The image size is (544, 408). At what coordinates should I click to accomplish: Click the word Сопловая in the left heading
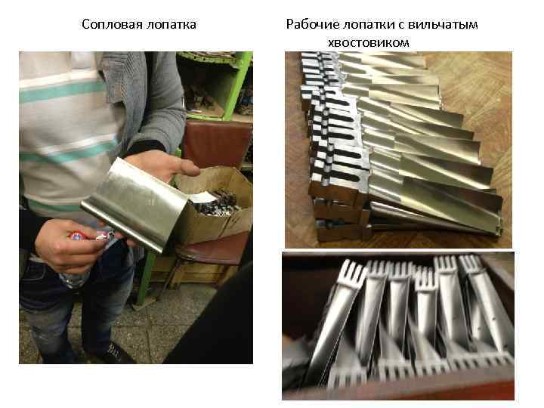tap(112, 25)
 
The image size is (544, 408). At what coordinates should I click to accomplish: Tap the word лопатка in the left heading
tap(172, 25)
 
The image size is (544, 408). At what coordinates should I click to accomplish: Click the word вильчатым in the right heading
tap(443, 25)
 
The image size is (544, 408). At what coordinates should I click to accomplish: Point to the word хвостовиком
tap(369, 42)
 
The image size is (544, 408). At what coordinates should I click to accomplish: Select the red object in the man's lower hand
tap(77, 236)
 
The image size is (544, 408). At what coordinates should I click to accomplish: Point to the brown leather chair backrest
tap(218, 143)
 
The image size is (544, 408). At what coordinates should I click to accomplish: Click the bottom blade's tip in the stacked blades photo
tap(499, 230)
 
